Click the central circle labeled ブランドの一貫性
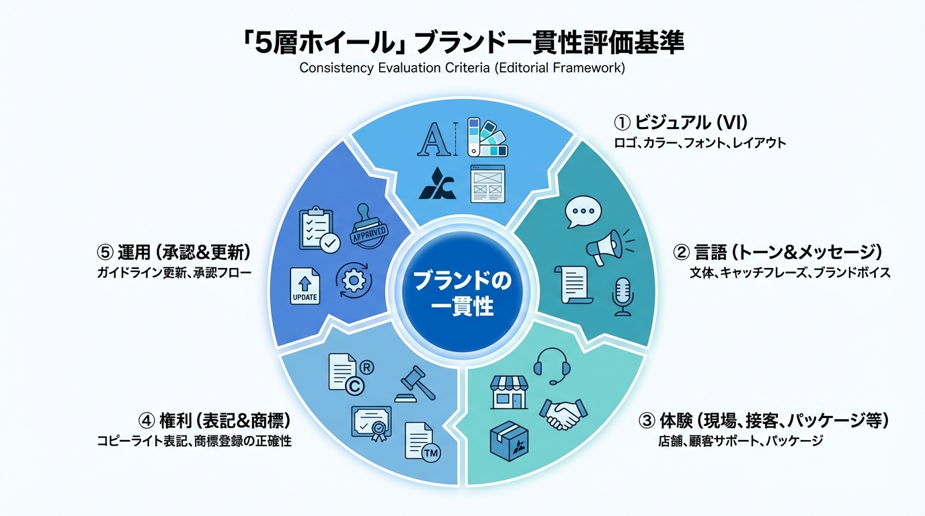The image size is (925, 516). (x=462, y=293)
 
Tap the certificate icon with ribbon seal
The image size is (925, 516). (x=372, y=425)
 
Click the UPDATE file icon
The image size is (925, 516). (x=305, y=286)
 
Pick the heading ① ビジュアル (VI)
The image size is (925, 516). (x=681, y=122)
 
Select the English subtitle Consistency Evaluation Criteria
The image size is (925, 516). (x=462, y=69)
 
